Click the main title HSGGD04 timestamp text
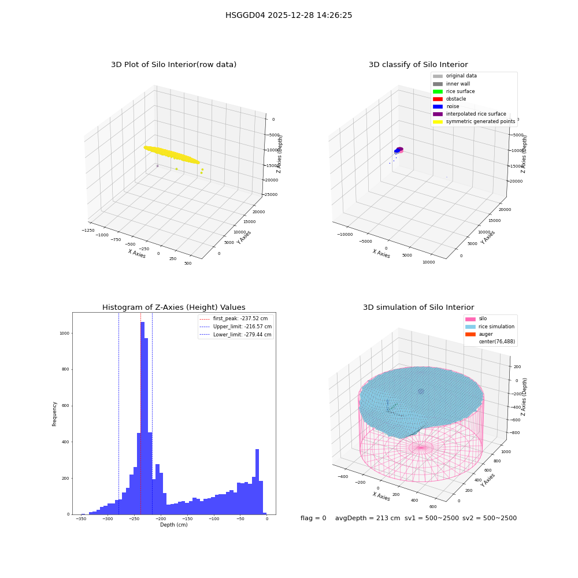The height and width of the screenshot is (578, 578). pos(288,15)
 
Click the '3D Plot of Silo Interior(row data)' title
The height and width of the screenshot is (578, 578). pos(173,65)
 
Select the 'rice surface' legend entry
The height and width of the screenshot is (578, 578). pos(454,91)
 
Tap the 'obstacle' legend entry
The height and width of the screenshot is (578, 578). pos(449,99)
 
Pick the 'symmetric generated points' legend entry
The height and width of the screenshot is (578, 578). pos(474,121)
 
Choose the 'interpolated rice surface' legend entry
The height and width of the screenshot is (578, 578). pos(469,114)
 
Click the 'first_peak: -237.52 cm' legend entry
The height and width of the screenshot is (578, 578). pos(234,318)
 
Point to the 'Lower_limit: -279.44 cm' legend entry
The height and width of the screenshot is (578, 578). pos(235,335)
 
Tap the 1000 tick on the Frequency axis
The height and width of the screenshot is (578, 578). pos(64,334)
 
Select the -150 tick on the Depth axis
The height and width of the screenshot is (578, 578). pos(187,519)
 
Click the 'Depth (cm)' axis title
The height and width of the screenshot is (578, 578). pos(174,525)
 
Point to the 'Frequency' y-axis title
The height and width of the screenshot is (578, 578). pos(54,414)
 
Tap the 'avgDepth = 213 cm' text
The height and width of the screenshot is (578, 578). pos(368,518)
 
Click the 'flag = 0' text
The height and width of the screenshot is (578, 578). pos(313,518)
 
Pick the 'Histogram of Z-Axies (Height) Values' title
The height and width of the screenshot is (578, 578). pos(173,307)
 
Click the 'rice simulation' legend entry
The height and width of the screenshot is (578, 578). pos(490,327)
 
